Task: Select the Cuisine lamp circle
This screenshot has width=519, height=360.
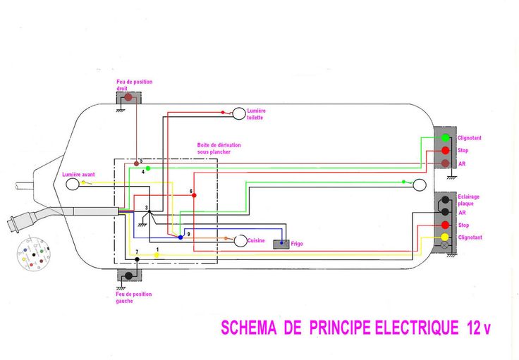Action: tap(240, 241)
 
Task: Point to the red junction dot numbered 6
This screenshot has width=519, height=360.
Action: tap(194, 195)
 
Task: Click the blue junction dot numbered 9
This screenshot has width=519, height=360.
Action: tap(181, 237)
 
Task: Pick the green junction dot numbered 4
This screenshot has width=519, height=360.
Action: tap(147, 168)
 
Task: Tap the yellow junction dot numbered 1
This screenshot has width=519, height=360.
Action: tap(157, 254)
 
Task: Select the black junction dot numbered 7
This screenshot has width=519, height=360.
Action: tap(137, 259)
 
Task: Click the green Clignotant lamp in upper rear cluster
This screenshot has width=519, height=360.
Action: tap(445, 138)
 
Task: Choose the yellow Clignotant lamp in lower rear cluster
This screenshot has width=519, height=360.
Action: tap(444, 237)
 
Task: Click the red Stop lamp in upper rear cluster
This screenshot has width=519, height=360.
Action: tap(445, 151)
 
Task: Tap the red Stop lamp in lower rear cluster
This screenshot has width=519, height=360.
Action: tap(444, 225)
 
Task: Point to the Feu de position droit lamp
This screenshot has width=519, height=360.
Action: tap(128, 97)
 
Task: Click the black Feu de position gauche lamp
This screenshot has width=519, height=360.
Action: tap(128, 275)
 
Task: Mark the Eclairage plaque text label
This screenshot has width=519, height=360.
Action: tap(468, 200)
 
